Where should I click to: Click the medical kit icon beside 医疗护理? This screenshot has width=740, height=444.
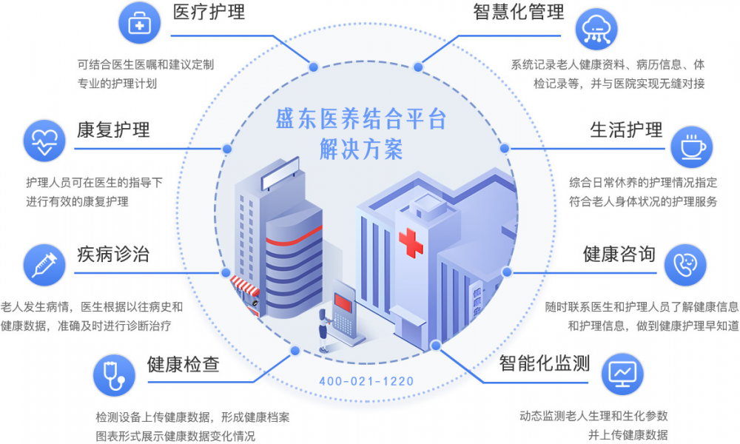139,23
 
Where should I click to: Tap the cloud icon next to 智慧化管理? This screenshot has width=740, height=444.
596,29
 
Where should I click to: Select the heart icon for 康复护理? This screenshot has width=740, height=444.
44,141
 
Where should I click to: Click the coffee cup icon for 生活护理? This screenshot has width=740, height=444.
692,147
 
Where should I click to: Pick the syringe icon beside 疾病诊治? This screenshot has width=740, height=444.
44,265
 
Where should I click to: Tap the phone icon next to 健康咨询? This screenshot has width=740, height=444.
685,265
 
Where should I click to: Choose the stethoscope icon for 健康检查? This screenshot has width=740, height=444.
114,375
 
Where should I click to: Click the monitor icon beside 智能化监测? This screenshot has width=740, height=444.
622,374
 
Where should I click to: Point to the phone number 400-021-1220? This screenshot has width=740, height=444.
366,381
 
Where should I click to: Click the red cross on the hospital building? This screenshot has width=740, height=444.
411,243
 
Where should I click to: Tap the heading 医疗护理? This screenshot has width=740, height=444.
209,13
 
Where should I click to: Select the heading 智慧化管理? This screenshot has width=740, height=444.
519,13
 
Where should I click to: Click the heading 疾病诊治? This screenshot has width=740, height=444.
113,255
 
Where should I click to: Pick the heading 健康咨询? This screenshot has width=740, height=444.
619,254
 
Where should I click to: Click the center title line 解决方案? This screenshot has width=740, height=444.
361,149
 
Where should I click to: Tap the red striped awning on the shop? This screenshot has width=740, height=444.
244,286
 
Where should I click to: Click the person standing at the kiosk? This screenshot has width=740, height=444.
323,331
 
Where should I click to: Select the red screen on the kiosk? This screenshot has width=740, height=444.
343,303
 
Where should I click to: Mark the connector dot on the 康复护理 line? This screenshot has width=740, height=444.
227,149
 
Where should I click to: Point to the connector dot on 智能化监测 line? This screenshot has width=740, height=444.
436,346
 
